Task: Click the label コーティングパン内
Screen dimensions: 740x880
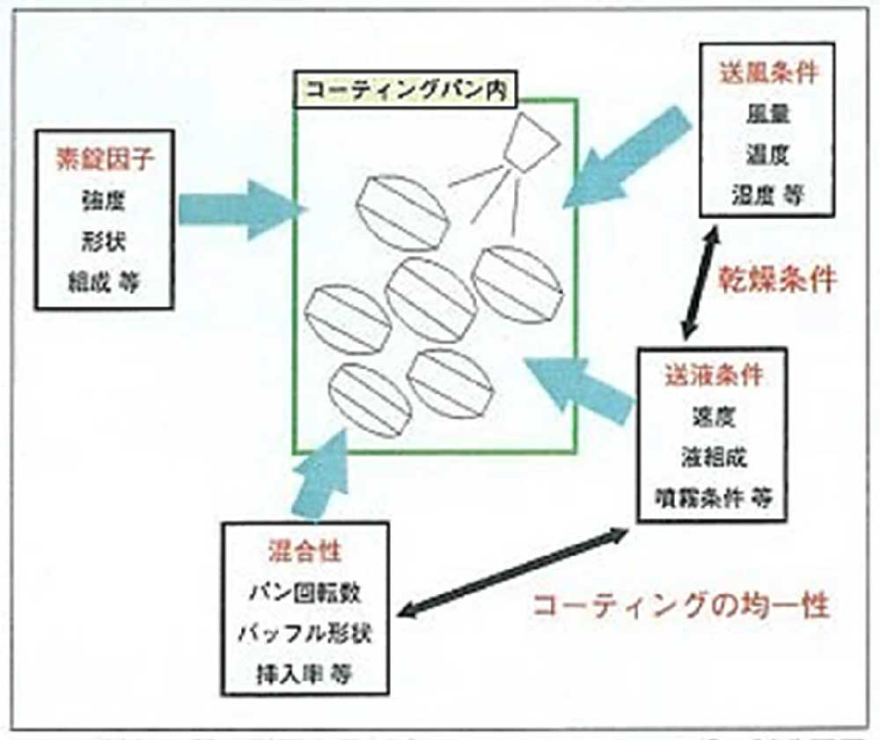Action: click(405, 90)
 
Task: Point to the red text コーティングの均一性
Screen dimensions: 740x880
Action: click(682, 606)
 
